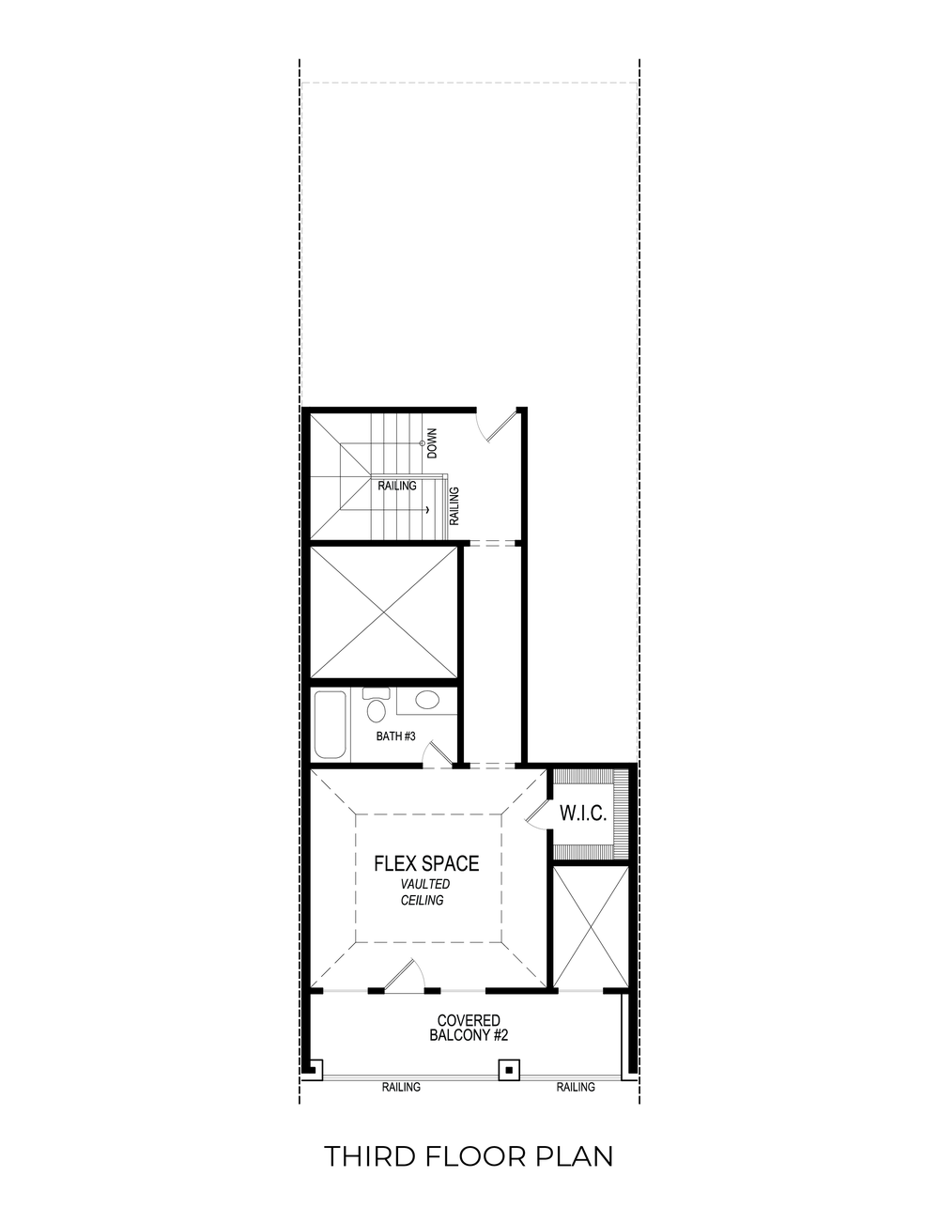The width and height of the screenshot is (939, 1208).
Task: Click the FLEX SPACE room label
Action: pyautogui.click(x=426, y=863)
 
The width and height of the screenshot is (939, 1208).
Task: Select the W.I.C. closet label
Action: pyautogui.click(x=583, y=813)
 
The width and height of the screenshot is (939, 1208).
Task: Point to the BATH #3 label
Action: pyautogui.click(x=395, y=736)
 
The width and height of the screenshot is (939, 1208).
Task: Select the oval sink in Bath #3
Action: pyautogui.click(x=427, y=701)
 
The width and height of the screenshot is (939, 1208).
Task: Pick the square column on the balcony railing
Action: pyautogui.click(x=508, y=1068)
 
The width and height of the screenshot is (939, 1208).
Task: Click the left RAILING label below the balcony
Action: pyautogui.click(x=401, y=1088)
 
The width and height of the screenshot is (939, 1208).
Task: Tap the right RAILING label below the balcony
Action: pyautogui.click(x=576, y=1088)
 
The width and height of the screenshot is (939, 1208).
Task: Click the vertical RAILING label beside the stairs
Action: pyautogui.click(x=454, y=504)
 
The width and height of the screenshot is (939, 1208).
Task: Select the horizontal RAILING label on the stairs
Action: pyautogui.click(x=397, y=487)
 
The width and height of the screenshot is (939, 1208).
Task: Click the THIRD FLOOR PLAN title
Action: pyautogui.click(x=469, y=1156)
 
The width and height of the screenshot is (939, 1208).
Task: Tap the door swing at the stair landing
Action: pyautogui.click(x=496, y=425)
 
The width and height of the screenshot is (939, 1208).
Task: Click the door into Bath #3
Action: pyautogui.click(x=436, y=754)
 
